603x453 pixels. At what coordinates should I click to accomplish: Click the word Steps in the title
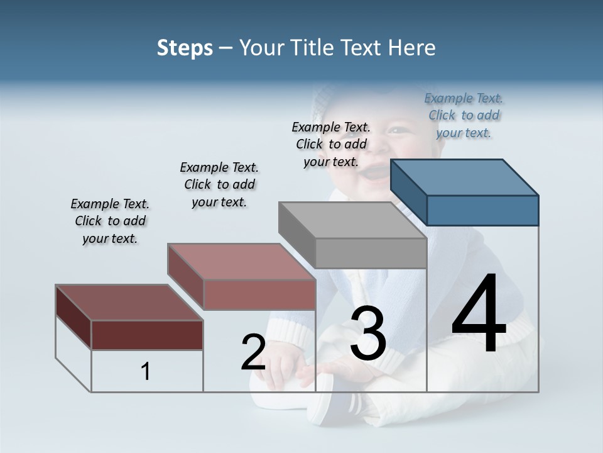click(x=185, y=48)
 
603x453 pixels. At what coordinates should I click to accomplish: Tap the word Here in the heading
click(x=412, y=48)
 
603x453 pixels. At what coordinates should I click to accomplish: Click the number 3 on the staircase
click(x=368, y=333)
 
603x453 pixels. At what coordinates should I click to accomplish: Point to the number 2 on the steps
click(x=254, y=352)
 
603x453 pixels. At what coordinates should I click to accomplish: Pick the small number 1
click(x=146, y=371)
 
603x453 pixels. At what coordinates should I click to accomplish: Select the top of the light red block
click(x=241, y=262)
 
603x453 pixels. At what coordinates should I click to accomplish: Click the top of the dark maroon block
click(x=129, y=303)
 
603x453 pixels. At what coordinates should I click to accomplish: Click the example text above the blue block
click(x=464, y=115)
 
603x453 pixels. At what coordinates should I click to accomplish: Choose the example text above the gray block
click(x=332, y=144)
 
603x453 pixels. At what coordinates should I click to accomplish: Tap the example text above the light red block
click(x=219, y=184)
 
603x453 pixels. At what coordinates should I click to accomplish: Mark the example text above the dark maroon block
click(x=110, y=221)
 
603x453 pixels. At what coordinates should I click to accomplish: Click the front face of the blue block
click(x=482, y=210)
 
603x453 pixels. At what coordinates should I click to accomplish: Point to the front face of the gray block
click(x=371, y=253)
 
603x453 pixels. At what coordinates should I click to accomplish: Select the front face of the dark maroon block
click(x=147, y=335)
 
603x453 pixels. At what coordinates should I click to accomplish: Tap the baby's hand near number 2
click(x=283, y=365)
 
